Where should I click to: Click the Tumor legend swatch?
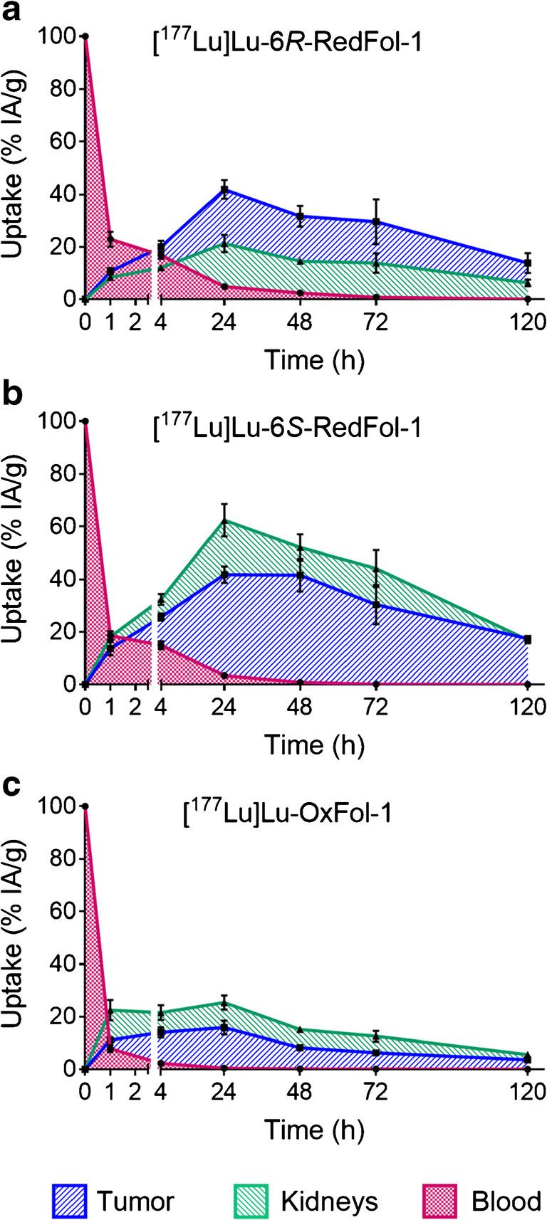click(x=70, y=1201)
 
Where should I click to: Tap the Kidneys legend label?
click(x=329, y=1201)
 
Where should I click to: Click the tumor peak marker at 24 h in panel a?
click(x=224, y=190)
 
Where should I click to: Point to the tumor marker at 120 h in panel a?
click(x=528, y=263)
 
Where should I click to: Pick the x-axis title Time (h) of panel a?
click(x=315, y=359)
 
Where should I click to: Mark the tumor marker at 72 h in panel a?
click(x=376, y=221)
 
